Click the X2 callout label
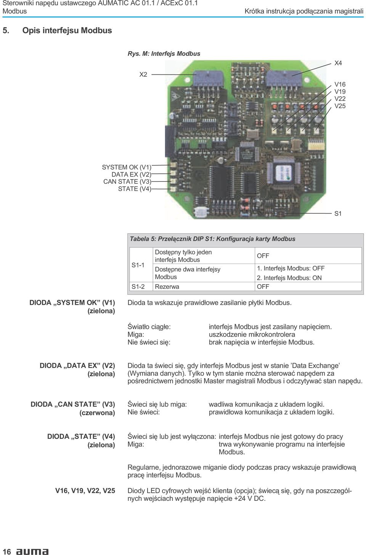(x=143, y=74)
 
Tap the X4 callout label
(x=338, y=63)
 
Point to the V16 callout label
(x=340, y=84)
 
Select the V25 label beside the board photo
(x=340, y=106)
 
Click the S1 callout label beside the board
(x=338, y=213)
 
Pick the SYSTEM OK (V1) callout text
(x=126, y=167)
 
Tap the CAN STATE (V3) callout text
(x=127, y=181)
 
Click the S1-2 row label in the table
(x=138, y=287)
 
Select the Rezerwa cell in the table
(x=167, y=287)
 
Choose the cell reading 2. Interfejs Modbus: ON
(x=289, y=278)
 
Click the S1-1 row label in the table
(x=138, y=265)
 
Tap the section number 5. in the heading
(x=6, y=31)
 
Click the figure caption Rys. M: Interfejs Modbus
(x=164, y=53)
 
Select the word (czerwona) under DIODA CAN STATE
(x=97, y=413)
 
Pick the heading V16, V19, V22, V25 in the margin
(x=85, y=490)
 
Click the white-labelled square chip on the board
(x=283, y=172)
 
